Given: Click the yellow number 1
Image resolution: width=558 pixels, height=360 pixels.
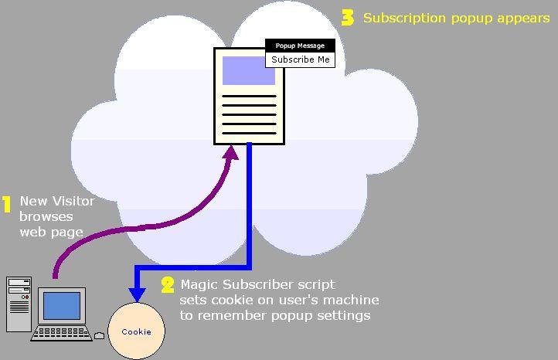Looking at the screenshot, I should pos(6,205).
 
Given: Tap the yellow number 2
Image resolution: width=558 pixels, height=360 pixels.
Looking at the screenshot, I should pos(168,285).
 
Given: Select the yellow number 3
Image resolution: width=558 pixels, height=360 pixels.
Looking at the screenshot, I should pos(348,18).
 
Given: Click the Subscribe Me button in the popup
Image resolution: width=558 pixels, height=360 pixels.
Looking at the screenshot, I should pos(300,59).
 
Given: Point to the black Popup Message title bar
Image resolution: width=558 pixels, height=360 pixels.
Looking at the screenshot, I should pos(300,46).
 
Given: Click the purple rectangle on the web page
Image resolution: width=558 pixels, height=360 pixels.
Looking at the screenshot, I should pos(248,70).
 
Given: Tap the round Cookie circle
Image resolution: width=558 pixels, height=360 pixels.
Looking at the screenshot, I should pos(136,331).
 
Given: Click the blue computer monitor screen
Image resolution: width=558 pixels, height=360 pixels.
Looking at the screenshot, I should pos(62,306).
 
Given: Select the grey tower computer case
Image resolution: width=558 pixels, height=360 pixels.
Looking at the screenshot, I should pos(19,304).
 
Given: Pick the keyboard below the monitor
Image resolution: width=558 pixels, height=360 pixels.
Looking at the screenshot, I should pos(62,334).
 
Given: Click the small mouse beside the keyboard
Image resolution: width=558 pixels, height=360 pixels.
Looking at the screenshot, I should pos(99,335).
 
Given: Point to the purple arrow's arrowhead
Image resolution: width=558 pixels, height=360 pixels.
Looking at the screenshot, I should pos(230,155).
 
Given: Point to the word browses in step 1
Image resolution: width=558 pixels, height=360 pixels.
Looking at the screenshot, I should pos(46,216).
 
